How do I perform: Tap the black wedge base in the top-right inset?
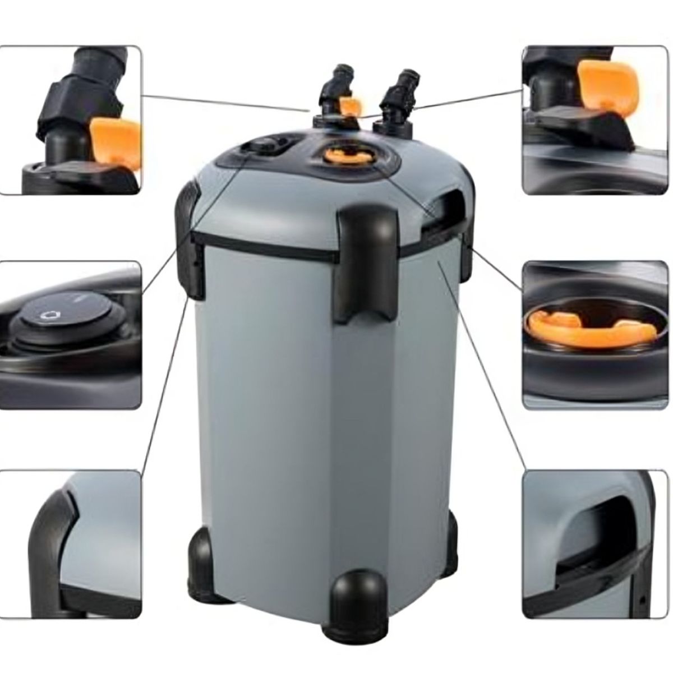pos(583,126)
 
